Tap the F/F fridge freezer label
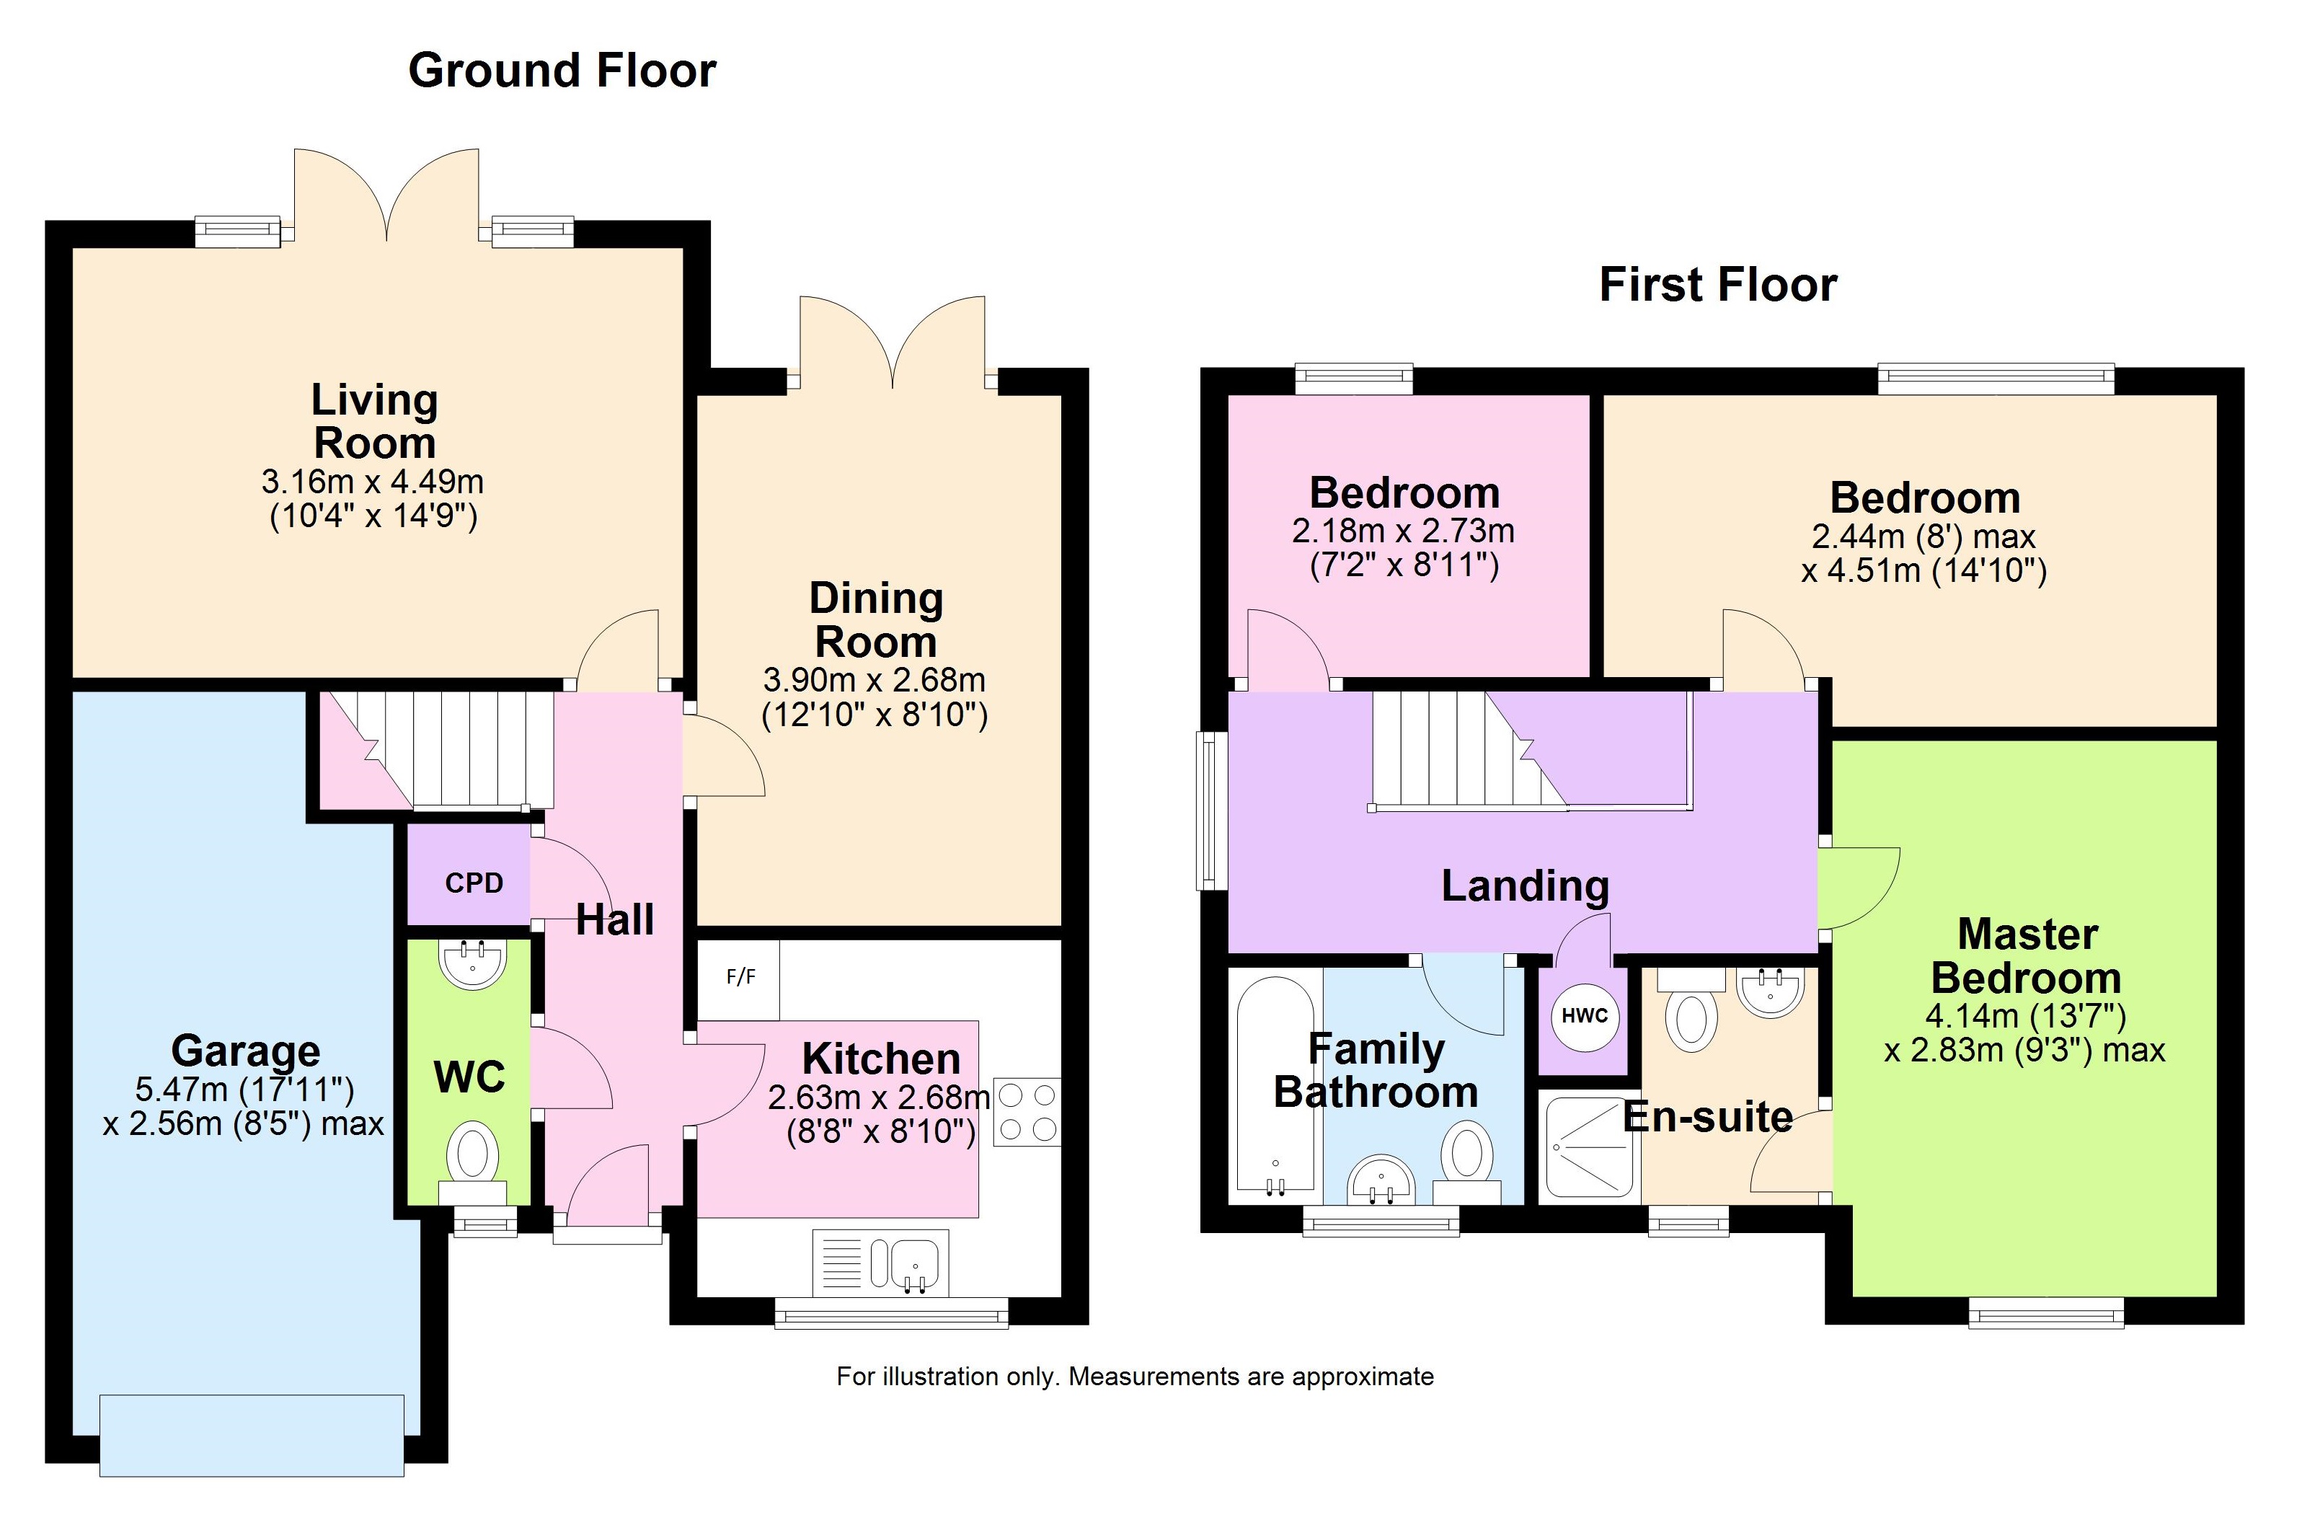click(x=741, y=977)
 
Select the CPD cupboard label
click(x=474, y=883)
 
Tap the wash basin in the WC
click(x=472, y=963)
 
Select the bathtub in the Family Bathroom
click(x=1275, y=1084)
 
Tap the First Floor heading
click(x=1718, y=284)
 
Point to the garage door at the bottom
click(x=252, y=1436)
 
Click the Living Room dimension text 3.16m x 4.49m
click(x=373, y=481)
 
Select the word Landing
click(x=1526, y=886)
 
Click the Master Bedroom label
click(x=2027, y=956)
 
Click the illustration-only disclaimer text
click(x=1135, y=1377)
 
